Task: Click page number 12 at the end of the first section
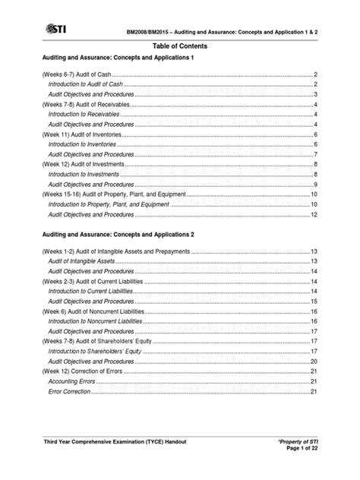pyautogui.click(x=314, y=214)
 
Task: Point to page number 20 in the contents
pyautogui.click(x=314, y=362)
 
